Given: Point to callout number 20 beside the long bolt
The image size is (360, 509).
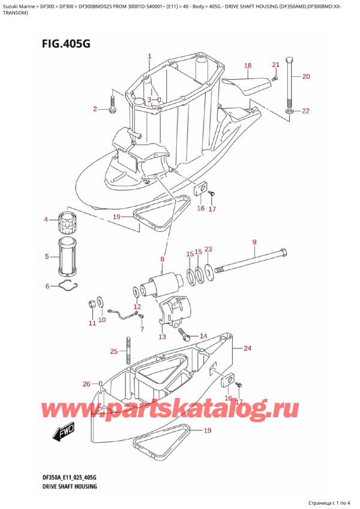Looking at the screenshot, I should click(x=306, y=76).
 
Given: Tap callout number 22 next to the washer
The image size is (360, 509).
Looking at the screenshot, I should click(x=306, y=111).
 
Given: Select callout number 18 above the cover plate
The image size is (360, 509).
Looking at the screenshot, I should click(x=248, y=65).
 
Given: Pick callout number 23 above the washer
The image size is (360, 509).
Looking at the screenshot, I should click(x=208, y=249).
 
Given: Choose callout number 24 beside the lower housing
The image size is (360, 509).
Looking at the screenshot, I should click(x=247, y=348).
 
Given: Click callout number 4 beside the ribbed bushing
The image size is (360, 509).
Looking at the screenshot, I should click(x=46, y=220).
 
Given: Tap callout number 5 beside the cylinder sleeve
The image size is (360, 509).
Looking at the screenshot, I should click(x=47, y=258).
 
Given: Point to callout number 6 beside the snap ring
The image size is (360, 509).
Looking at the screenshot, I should click(x=47, y=286).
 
